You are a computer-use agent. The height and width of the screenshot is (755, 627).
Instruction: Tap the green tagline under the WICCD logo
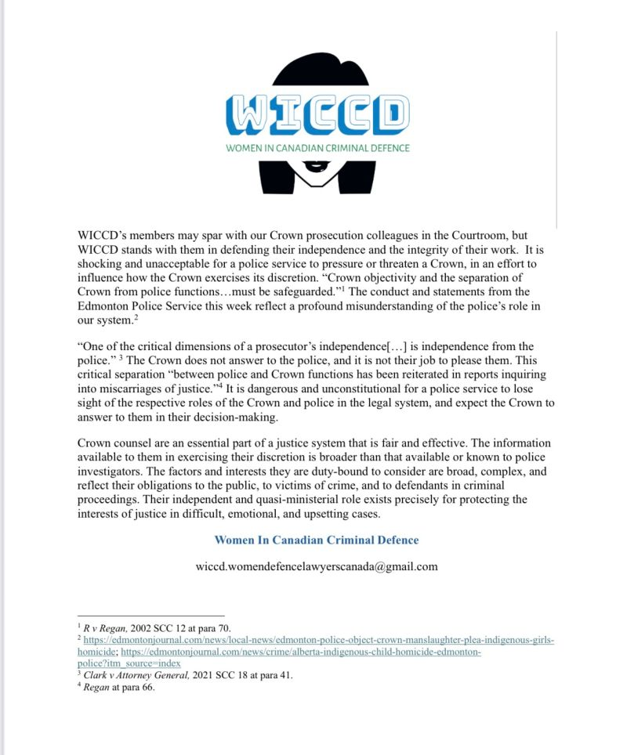tap(316, 147)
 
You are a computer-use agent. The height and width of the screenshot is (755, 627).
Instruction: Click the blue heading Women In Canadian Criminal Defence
tap(316, 540)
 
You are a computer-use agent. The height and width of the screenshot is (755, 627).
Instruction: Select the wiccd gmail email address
tap(316, 565)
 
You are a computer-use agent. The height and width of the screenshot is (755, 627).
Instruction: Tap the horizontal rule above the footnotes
tap(150, 616)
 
